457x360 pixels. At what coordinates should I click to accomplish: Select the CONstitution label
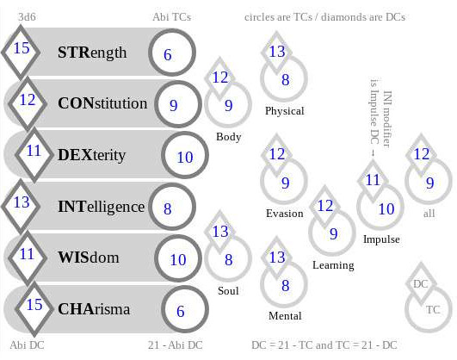102,103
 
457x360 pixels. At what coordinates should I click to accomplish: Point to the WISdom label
89,258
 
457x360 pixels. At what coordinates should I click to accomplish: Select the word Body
229,137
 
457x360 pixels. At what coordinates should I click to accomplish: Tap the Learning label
333,265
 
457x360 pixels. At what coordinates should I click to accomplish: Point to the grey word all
429,214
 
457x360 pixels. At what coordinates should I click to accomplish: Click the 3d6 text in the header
27,16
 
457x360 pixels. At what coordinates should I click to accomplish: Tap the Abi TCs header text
171,16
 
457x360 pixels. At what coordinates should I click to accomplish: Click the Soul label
228,290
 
